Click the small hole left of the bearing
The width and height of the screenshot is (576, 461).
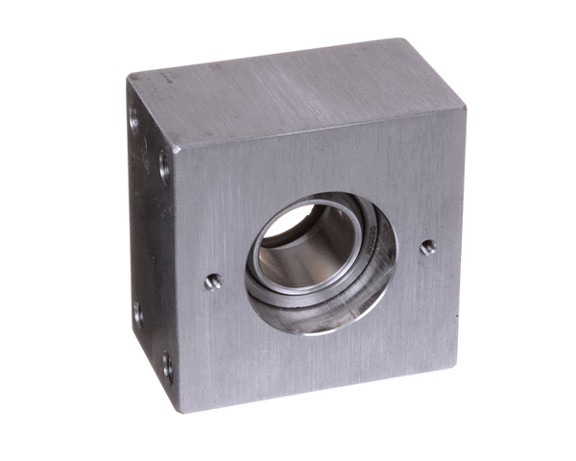coord(213,281)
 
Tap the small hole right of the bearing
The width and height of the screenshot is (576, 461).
coord(428,247)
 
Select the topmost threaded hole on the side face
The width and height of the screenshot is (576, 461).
coord(133,119)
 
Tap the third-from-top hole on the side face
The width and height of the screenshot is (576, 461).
coord(137,312)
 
